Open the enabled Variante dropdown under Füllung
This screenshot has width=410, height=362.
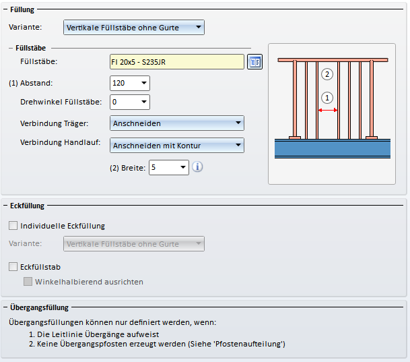pos(134,27)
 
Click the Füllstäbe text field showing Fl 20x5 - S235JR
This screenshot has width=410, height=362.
pos(177,62)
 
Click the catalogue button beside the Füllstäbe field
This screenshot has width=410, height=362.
pos(254,62)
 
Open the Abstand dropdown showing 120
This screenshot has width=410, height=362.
pos(130,83)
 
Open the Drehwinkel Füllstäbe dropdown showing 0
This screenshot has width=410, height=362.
pos(130,102)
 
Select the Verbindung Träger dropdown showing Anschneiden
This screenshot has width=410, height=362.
pos(177,123)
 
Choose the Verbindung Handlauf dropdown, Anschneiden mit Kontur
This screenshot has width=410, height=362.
pos(177,145)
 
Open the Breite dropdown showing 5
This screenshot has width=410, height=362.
pos(169,168)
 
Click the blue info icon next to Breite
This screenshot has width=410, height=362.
pos(197,167)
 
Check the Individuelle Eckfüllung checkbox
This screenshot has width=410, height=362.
pos(13,226)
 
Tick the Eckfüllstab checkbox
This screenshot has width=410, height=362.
pos(13,267)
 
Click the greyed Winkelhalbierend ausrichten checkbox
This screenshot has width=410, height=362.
pos(28,282)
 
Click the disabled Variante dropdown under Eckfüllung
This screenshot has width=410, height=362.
pos(134,243)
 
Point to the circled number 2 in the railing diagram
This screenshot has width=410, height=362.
pos(327,74)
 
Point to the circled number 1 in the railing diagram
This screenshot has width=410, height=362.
pos(327,98)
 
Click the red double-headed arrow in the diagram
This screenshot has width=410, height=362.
pos(328,110)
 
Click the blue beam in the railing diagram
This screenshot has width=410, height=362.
pos(333,148)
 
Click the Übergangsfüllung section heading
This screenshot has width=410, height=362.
pos(39,307)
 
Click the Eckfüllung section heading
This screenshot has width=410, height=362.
pos(27,206)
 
